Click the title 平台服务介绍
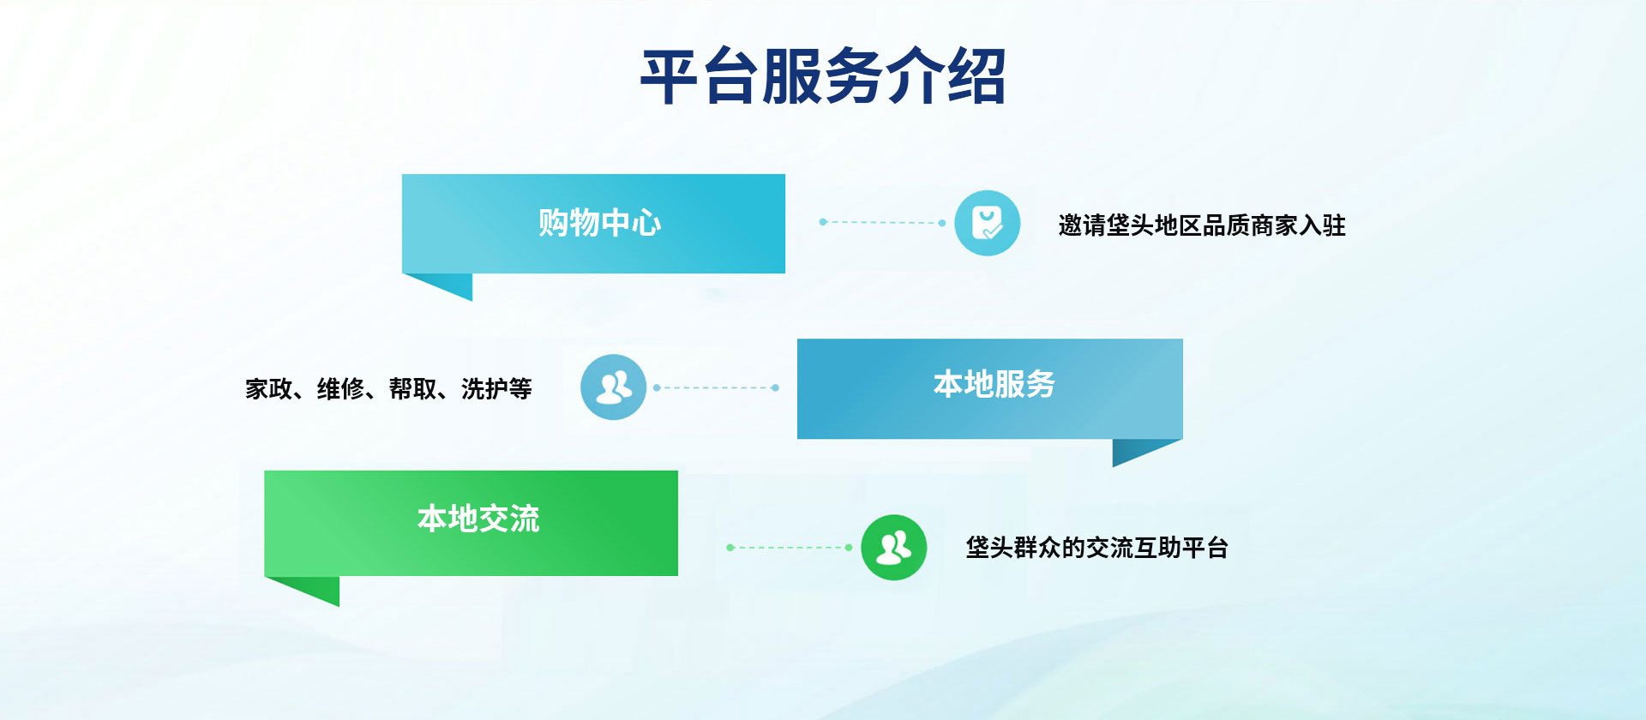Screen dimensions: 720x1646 823,77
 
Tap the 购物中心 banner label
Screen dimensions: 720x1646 599,223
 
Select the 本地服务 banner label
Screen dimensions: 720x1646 994,384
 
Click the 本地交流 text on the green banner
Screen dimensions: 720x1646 478,519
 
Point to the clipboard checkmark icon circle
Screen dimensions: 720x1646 987,223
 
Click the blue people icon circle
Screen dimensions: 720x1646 613,387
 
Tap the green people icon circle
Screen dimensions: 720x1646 893,547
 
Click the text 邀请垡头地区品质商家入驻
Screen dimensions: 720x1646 1201,225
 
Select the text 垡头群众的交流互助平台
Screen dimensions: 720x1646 1096,547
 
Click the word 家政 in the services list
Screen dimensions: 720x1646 268,389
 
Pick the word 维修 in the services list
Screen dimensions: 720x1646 340,389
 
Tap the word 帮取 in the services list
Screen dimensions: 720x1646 412,389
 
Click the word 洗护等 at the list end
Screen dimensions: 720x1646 496,389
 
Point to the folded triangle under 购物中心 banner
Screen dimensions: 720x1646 448,285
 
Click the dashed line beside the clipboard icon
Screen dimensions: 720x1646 881,223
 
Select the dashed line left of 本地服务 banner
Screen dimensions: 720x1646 716,387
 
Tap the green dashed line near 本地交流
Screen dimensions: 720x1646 789,547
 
